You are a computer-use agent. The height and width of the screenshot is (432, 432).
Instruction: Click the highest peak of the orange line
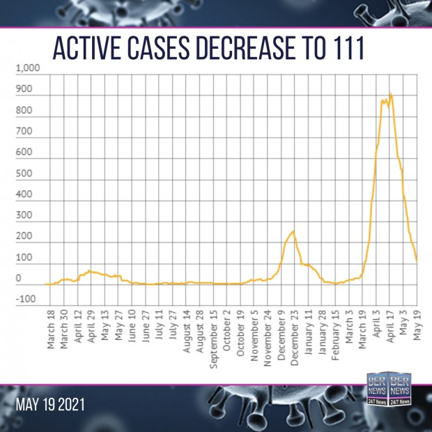[x=390, y=93]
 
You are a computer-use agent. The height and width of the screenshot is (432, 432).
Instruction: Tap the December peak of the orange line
[x=293, y=231]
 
